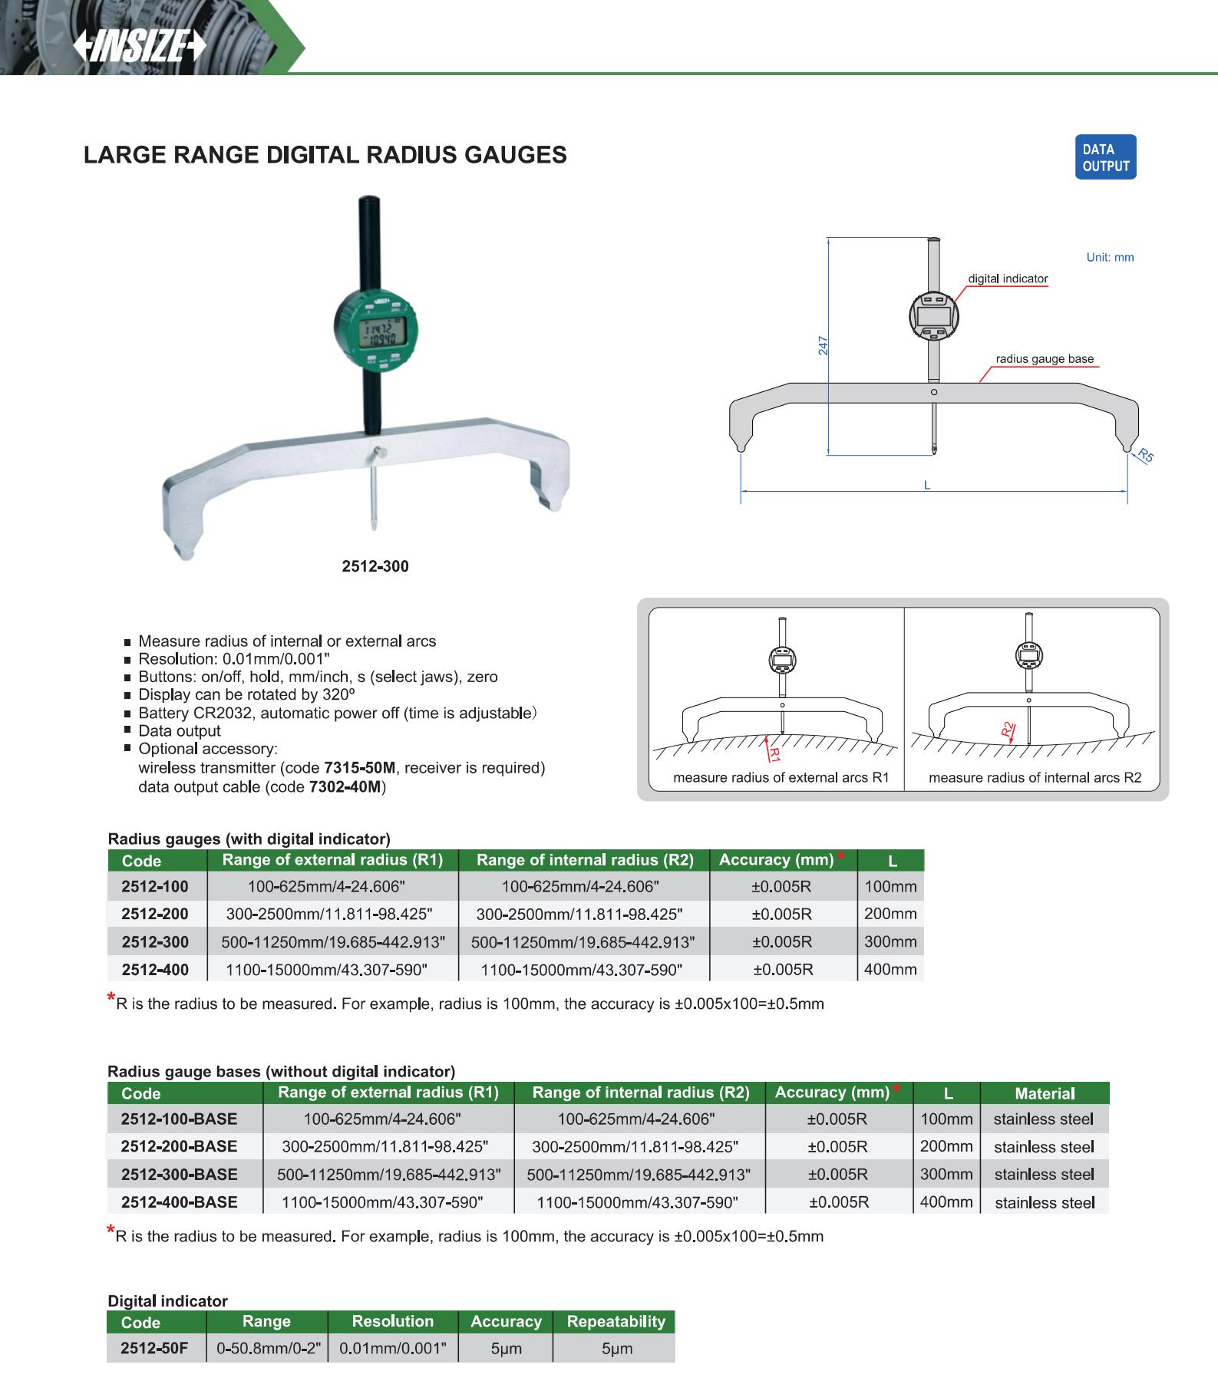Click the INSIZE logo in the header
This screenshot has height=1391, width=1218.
[140, 48]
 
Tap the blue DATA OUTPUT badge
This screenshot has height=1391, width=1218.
[1105, 157]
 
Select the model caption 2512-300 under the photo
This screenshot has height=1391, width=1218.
[375, 566]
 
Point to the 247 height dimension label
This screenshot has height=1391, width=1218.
[823, 344]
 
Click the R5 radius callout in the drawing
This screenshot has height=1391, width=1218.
[1146, 455]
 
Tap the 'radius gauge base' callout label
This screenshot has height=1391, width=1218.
[1045, 358]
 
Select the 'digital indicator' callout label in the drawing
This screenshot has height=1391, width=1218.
[1008, 279]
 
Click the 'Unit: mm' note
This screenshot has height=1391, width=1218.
[1110, 257]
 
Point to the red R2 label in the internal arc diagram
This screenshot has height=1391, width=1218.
[1008, 730]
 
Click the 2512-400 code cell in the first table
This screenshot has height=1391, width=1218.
[155, 969]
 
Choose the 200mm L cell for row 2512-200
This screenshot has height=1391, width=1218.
[890, 914]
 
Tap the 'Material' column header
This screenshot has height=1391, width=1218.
[1045, 1093]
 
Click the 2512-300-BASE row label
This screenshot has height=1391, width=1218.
[180, 1174]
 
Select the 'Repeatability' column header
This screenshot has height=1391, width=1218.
[616, 1321]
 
